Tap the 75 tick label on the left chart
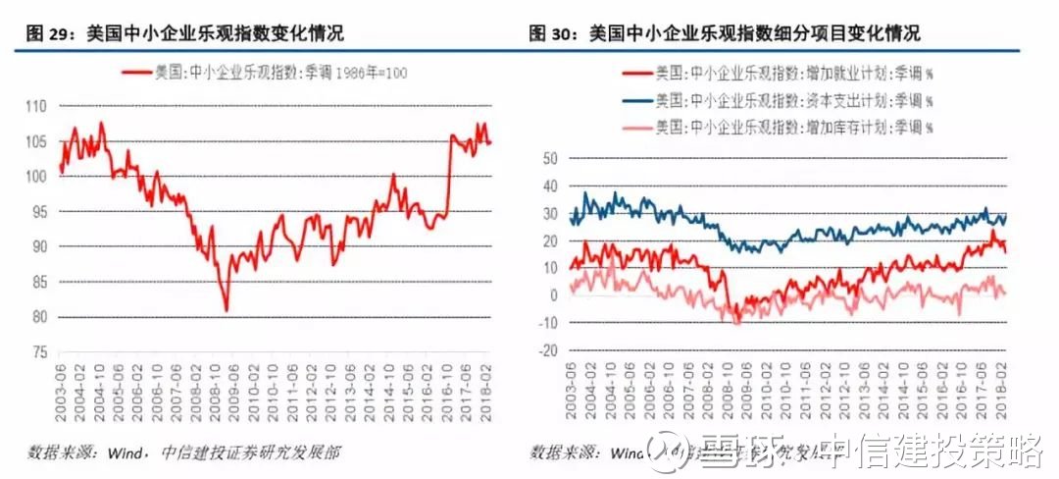tap(37, 352)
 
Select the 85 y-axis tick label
tap(37, 282)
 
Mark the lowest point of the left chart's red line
tap(227, 310)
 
